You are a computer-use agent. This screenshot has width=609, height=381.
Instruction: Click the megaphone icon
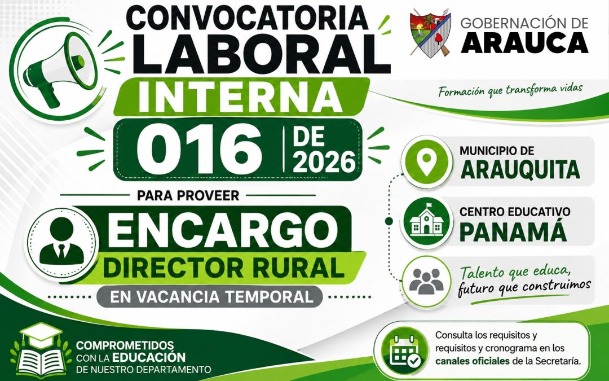(58, 69)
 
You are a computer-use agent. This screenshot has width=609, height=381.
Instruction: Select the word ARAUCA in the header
(524, 43)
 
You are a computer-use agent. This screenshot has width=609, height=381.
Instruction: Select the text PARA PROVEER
(188, 195)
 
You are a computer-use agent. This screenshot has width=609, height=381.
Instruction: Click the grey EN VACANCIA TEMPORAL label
(209, 297)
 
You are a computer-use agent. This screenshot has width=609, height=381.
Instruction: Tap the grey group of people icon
(426, 281)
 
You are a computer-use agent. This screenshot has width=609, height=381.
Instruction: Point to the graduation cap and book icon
(41, 349)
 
